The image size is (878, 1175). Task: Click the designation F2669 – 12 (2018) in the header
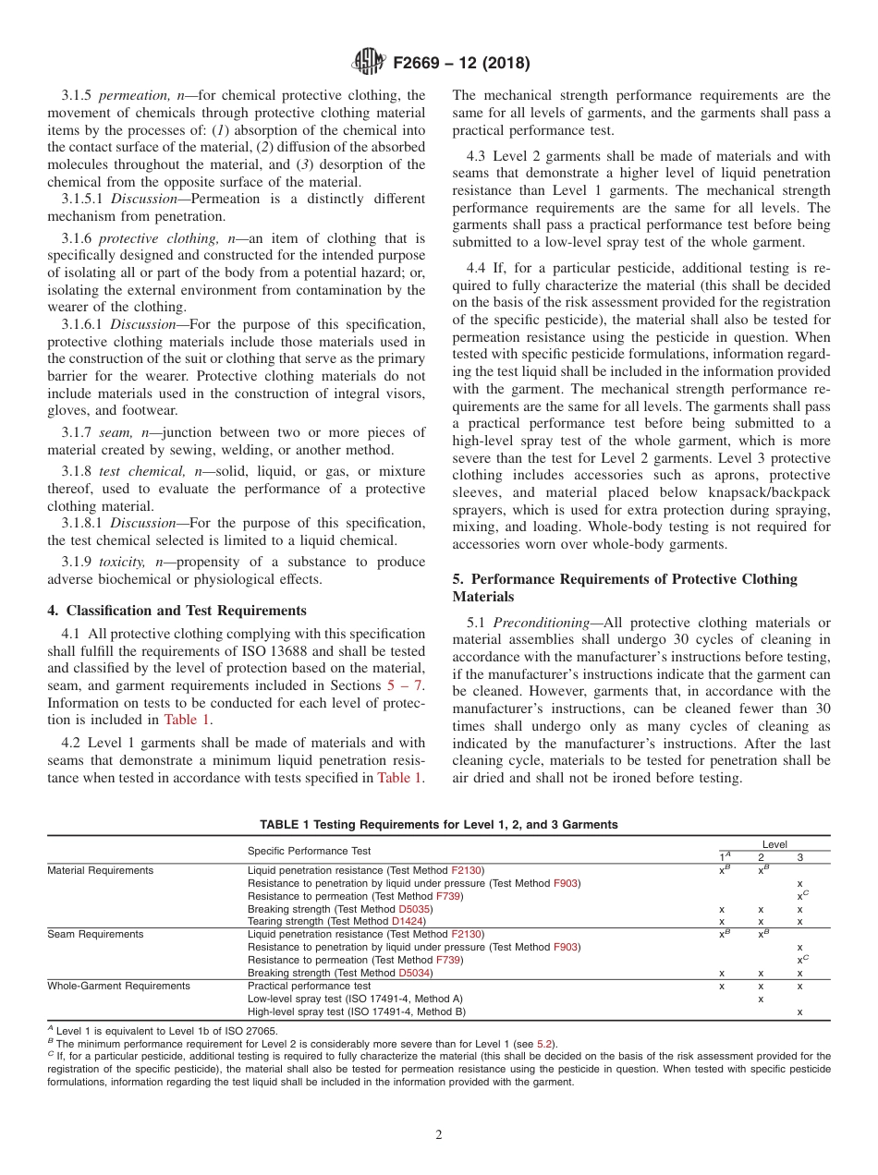pos(461,64)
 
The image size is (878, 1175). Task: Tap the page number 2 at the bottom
pos(439,1135)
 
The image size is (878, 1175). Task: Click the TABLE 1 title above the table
pos(439,825)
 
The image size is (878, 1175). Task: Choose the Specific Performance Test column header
pos(310,850)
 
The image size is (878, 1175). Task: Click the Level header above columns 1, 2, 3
pos(774,844)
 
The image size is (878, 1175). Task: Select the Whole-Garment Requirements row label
pos(119,986)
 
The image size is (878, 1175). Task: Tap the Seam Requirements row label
pos(96,934)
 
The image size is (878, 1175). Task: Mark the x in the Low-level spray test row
pos(761,999)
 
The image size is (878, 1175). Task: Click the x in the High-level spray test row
pos(799,1011)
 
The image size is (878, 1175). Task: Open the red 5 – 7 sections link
pos(405,685)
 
